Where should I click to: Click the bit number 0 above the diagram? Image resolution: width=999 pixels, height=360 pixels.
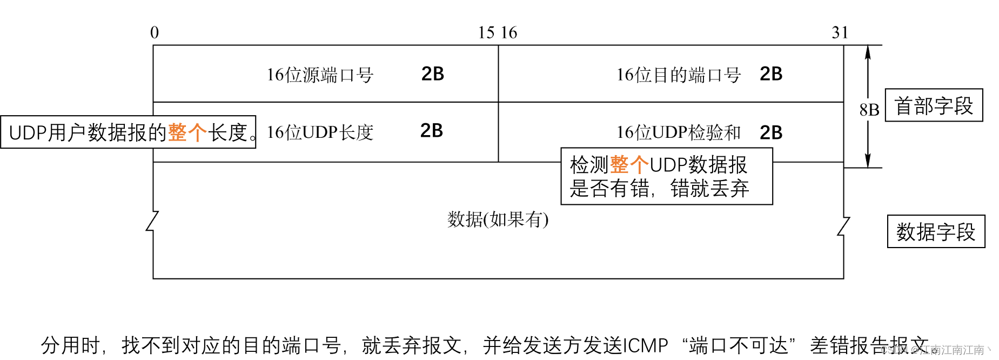click(x=155, y=33)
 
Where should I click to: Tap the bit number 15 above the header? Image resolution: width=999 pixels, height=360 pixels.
click(x=486, y=33)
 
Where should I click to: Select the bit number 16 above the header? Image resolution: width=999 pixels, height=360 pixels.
click(x=509, y=33)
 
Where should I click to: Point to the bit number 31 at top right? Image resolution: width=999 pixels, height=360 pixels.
click(x=840, y=33)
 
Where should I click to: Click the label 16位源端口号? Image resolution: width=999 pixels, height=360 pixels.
click(x=320, y=75)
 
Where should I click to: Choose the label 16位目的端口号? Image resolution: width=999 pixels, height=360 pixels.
click(x=678, y=75)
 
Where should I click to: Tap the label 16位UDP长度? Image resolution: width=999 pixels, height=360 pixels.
click(x=320, y=132)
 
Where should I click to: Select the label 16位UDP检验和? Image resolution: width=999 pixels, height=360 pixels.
click(x=678, y=132)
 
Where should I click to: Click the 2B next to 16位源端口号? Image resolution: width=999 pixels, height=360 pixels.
click(x=433, y=74)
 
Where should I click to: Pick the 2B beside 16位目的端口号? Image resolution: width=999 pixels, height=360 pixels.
click(x=771, y=74)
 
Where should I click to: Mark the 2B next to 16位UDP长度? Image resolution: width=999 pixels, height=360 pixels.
click(x=432, y=131)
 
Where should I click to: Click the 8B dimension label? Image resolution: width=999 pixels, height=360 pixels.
click(x=869, y=110)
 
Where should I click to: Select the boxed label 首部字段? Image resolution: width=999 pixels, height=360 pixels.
click(x=934, y=105)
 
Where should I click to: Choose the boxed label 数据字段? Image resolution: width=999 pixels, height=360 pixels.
click(x=936, y=232)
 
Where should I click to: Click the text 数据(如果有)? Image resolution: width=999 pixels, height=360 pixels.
click(x=498, y=219)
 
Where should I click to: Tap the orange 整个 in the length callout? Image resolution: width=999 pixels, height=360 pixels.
click(x=187, y=132)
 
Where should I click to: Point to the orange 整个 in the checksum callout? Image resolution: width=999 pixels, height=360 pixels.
click(x=629, y=165)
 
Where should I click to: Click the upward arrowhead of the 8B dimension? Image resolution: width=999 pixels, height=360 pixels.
click(x=868, y=51)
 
